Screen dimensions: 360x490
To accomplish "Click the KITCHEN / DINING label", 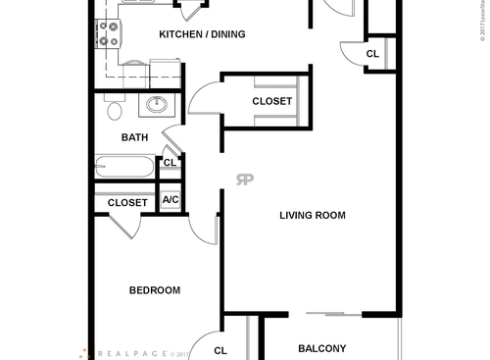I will (202, 34).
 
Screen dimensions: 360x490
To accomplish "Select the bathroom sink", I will (156, 105).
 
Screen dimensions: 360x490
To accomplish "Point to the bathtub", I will (124, 168).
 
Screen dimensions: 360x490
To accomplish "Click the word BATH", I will (134, 137).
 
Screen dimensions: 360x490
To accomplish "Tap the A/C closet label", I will (171, 200).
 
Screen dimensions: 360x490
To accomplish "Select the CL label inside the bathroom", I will (169, 163).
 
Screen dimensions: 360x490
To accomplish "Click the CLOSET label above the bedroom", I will (127, 203).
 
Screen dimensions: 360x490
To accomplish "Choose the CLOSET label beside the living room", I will (271, 101).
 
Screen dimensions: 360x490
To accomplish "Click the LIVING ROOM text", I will (313, 216).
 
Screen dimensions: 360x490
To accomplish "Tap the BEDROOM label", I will (155, 290).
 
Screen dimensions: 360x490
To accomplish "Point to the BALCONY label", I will (321, 348).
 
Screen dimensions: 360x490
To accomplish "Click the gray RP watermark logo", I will (245, 179).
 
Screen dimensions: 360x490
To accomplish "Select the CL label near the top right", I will (372, 54).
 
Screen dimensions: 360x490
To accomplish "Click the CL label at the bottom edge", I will (220, 349).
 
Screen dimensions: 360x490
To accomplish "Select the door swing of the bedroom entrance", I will (202, 229).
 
